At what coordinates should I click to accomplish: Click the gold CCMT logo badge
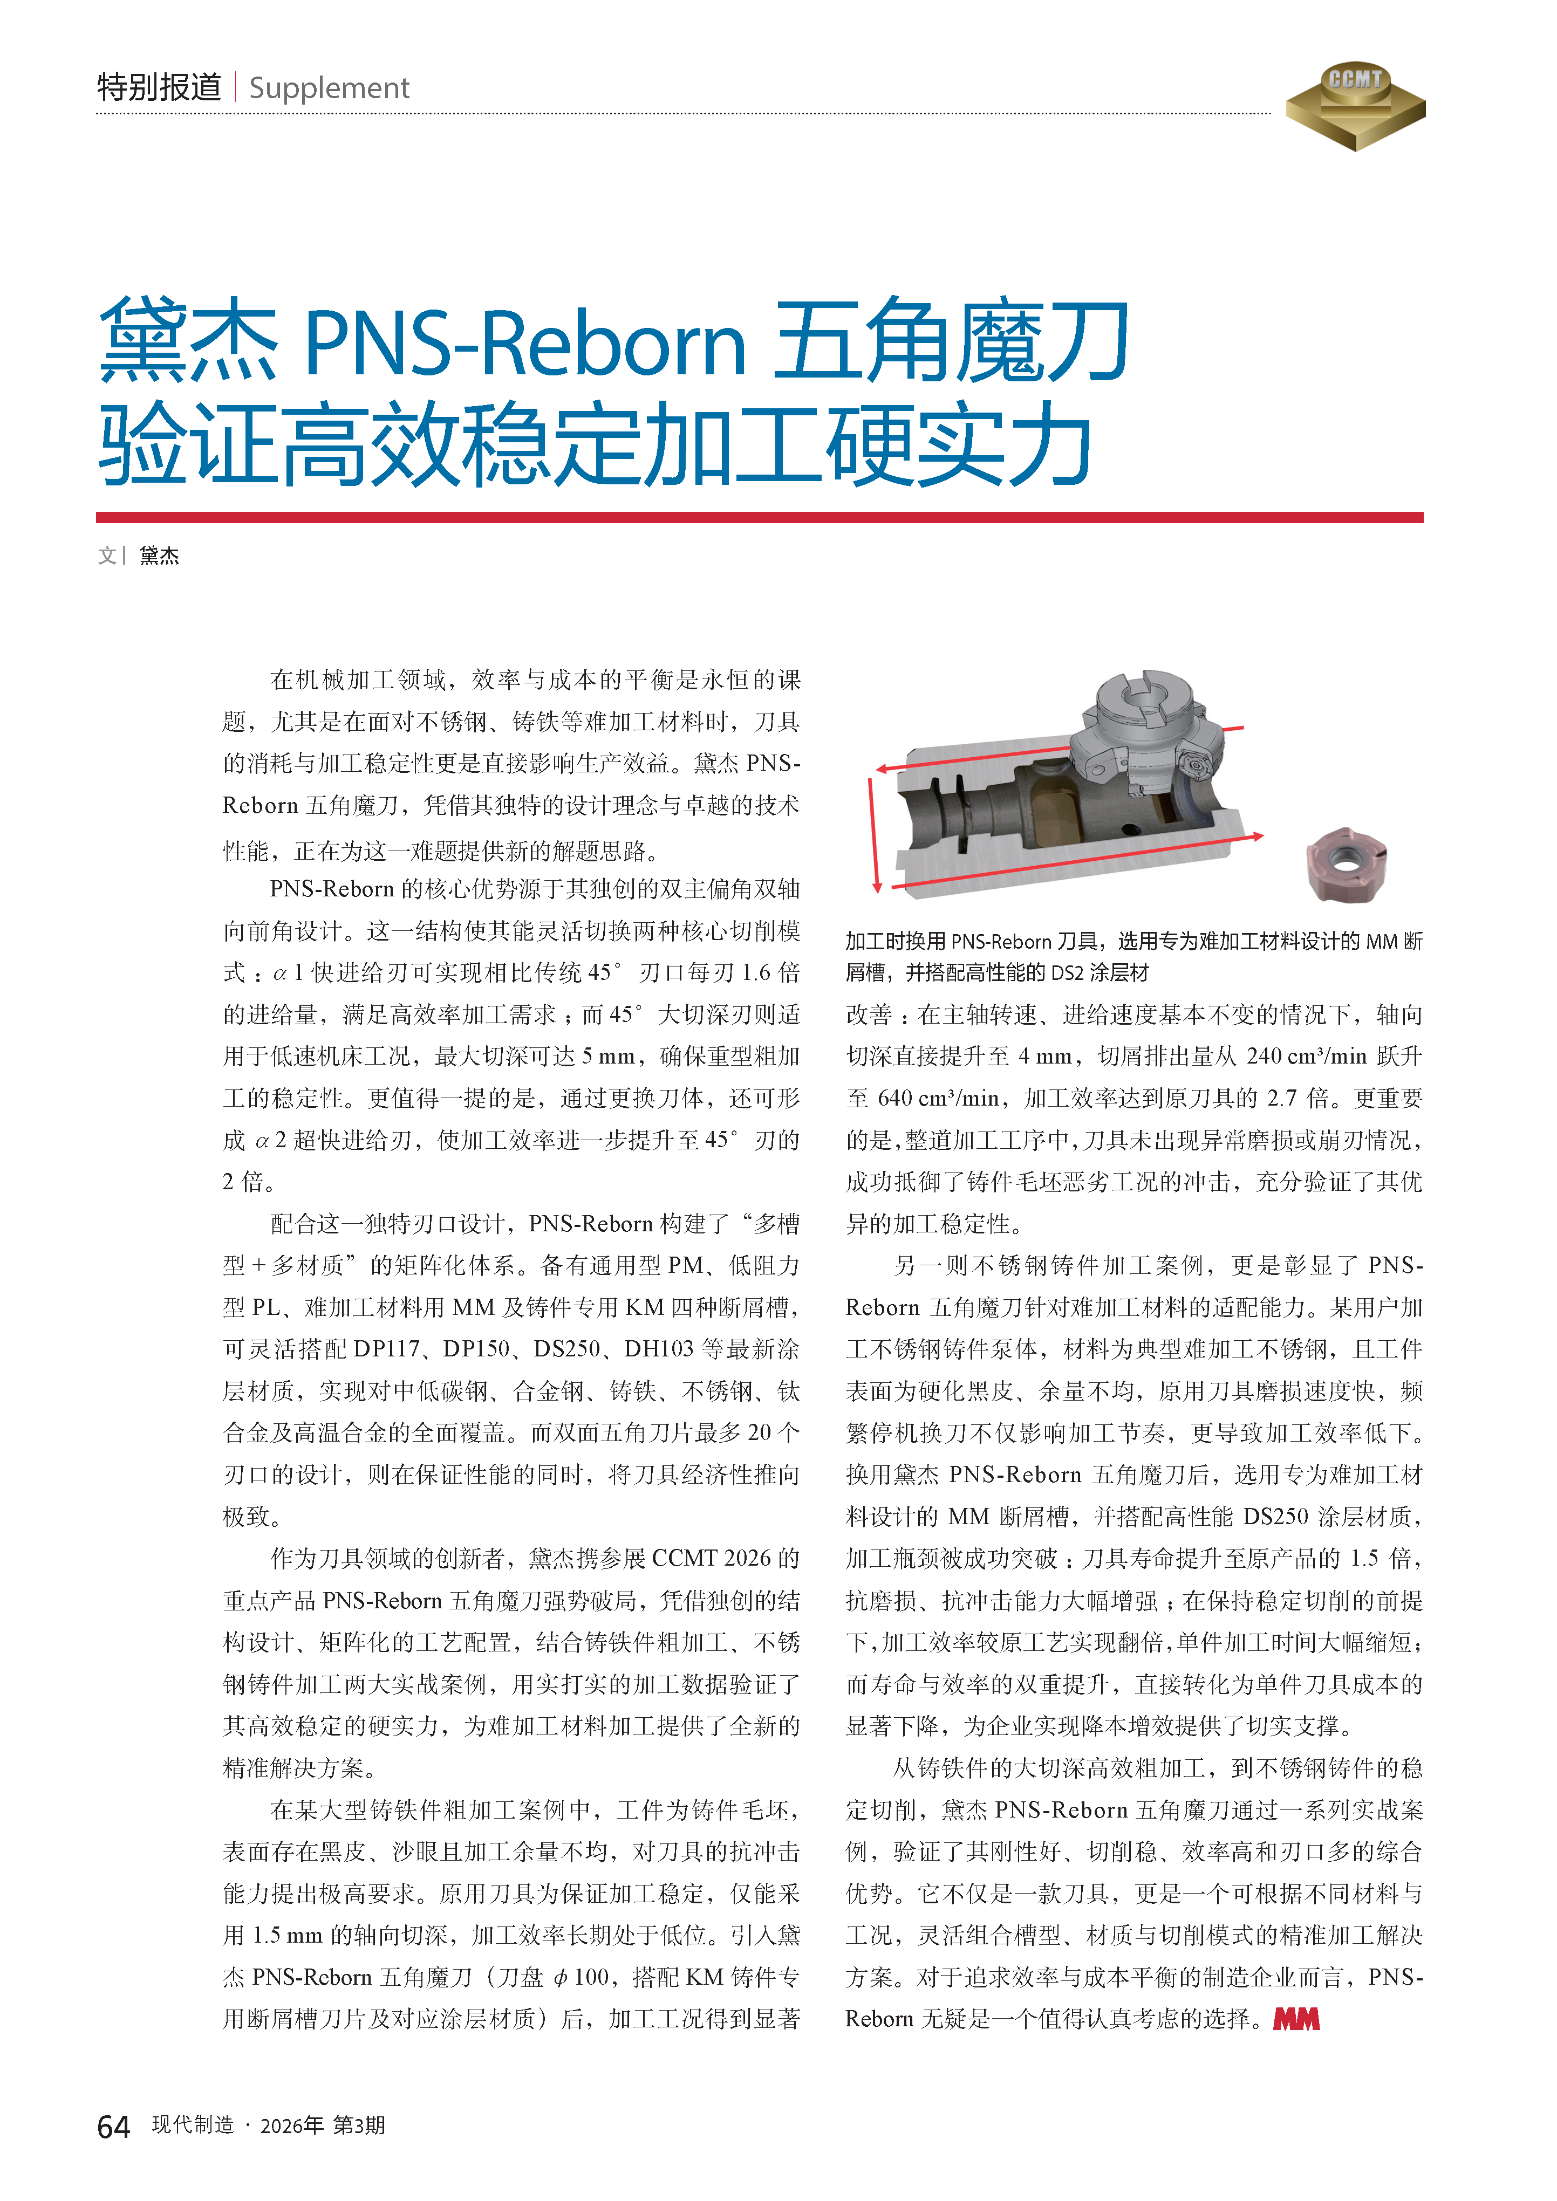pos(1355,106)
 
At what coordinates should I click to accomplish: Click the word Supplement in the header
pos(329,88)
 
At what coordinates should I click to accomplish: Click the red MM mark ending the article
pos(1296,2019)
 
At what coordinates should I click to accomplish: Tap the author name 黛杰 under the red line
pos(159,556)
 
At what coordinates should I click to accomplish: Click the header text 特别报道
pos(159,87)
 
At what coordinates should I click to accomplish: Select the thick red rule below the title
pos(759,518)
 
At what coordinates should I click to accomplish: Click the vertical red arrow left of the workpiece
pos(873,834)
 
